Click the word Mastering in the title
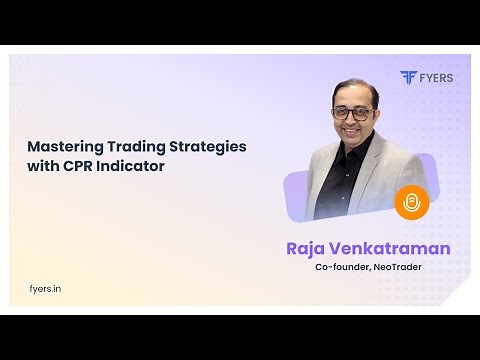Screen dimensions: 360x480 tap(63, 146)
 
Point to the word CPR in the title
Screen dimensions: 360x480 tap(77, 166)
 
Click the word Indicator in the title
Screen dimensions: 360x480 tap(131, 166)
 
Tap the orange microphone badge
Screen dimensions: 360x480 tap(411, 203)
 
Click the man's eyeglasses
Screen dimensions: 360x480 tap(357, 112)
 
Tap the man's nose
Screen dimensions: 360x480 tap(357, 119)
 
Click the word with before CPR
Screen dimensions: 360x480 tap(43, 166)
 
